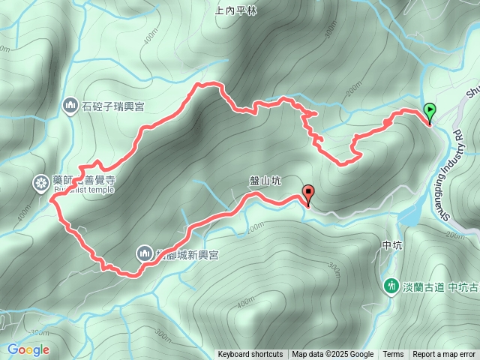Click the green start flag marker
pyautogui.click(x=430, y=112)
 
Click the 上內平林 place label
pyautogui.click(x=235, y=10)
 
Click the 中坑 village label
pyautogui.click(x=393, y=244)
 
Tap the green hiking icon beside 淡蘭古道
pyautogui.click(x=391, y=286)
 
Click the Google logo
pyautogui.click(x=28, y=349)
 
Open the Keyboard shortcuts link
pyautogui.click(x=250, y=355)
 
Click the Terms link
pyautogui.click(x=393, y=355)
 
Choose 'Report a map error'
pyautogui.click(x=445, y=355)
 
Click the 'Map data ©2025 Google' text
pyautogui.click(x=332, y=355)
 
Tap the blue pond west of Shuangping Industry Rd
pyautogui.click(x=410, y=217)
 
